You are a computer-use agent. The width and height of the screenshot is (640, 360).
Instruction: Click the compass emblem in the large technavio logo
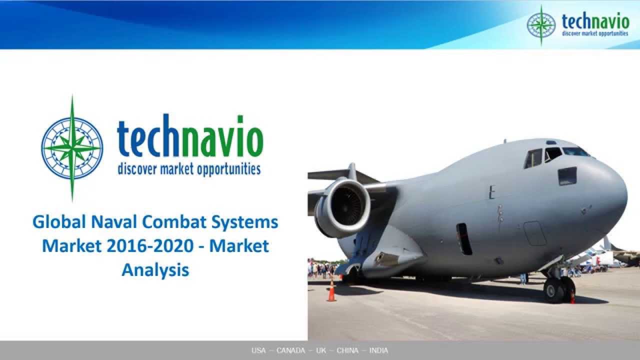click(72, 148)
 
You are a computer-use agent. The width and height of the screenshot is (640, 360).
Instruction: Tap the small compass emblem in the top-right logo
click(541, 25)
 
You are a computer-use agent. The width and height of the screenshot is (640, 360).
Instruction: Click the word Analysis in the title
click(155, 269)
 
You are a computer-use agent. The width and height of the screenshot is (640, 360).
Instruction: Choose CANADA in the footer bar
click(290, 350)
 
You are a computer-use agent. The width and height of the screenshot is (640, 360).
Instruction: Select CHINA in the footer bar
click(347, 350)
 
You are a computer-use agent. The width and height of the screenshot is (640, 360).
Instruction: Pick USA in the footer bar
click(258, 350)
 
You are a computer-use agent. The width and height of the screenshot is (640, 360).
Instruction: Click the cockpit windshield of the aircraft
click(575, 151)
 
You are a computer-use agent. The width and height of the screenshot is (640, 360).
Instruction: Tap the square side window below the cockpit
click(567, 176)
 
